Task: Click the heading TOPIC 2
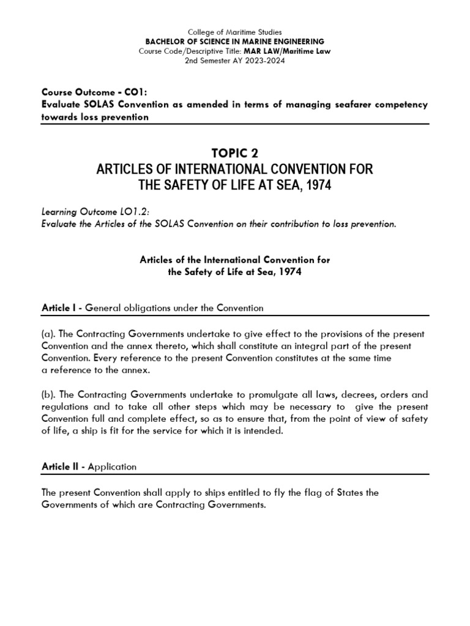point(235,152)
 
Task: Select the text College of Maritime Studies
point(235,31)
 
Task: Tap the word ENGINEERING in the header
point(298,41)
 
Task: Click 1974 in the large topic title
point(315,185)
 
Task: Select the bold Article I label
point(61,307)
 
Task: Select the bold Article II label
point(62,466)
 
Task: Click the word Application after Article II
point(113,466)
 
